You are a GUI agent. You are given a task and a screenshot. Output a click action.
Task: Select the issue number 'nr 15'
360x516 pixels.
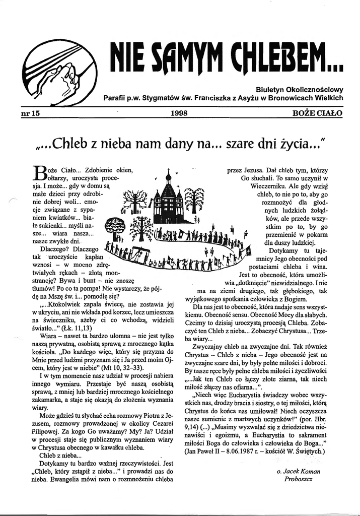(29, 113)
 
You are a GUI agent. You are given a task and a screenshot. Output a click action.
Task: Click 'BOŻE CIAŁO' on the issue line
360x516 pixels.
(317, 113)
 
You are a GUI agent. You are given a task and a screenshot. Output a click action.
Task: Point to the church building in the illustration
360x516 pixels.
(168, 202)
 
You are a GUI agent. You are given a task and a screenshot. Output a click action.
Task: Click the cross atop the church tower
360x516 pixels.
(168, 172)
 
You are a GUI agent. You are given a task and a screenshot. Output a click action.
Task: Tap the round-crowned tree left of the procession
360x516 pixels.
(113, 223)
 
